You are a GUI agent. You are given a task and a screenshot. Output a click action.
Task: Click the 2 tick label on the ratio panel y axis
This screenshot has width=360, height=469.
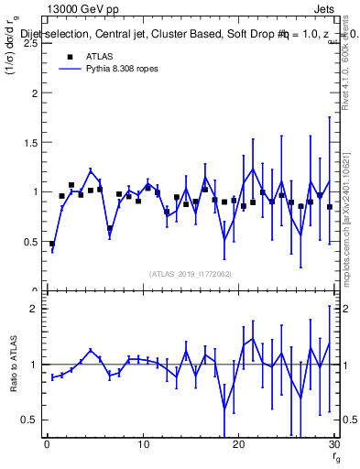click(34, 309)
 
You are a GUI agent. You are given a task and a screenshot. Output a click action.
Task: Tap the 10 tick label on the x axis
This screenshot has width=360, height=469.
click(142, 445)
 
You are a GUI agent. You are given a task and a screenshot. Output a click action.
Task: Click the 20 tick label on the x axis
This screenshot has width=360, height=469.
click(238, 445)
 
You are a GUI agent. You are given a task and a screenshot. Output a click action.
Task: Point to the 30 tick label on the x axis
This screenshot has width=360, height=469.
click(333, 445)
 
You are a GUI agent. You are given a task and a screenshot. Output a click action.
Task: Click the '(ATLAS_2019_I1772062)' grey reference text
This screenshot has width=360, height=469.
click(191, 273)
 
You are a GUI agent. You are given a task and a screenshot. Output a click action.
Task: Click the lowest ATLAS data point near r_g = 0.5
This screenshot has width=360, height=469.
click(52, 245)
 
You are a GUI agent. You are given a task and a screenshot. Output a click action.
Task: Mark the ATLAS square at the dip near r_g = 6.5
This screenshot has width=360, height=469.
click(110, 229)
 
